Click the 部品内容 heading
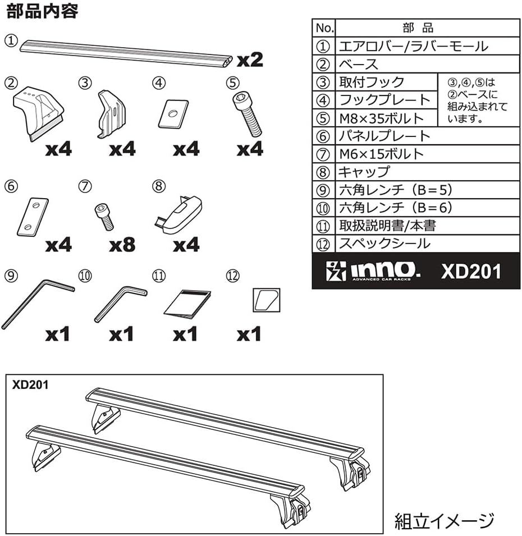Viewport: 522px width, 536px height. pyautogui.click(x=42, y=12)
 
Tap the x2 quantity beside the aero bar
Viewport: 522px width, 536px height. pyautogui.click(x=249, y=59)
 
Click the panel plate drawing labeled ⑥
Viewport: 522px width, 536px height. pyautogui.click(x=34, y=216)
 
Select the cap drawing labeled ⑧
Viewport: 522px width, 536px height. pyautogui.click(x=179, y=213)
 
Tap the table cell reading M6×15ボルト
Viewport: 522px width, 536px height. pyautogui.click(x=381, y=154)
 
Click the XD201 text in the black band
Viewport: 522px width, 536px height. pyautogui.click(x=470, y=271)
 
